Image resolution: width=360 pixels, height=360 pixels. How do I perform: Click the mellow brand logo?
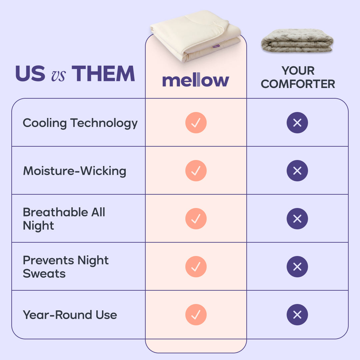tap(196, 81)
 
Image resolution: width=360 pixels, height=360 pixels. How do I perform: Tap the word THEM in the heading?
tap(103, 74)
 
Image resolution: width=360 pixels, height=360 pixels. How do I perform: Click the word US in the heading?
tap(30, 74)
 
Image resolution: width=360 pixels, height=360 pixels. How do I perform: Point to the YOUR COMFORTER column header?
tap(298, 77)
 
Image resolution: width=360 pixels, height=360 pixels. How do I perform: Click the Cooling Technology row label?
tap(80, 123)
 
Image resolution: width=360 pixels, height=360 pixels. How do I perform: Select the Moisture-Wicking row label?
tap(74, 171)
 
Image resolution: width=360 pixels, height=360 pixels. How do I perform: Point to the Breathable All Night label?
tap(64, 219)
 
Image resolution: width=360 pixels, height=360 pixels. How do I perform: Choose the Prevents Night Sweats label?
tap(65, 267)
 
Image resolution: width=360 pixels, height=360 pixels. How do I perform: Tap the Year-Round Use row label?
tap(70, 315)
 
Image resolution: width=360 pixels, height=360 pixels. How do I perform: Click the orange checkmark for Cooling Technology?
tap(196, 123)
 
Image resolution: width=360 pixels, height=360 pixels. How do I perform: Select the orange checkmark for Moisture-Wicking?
tap(196, 171)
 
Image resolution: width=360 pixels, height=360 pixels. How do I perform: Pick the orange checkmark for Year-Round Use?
tap(196, 315)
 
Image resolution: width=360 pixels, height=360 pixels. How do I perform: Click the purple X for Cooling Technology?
tap(297, 123)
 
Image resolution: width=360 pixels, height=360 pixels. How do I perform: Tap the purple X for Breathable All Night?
tap(297, 219)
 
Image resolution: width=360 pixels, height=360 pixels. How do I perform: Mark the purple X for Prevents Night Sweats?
tap(297, 267)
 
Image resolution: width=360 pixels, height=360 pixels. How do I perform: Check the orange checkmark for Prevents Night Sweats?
tap(196, 267)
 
